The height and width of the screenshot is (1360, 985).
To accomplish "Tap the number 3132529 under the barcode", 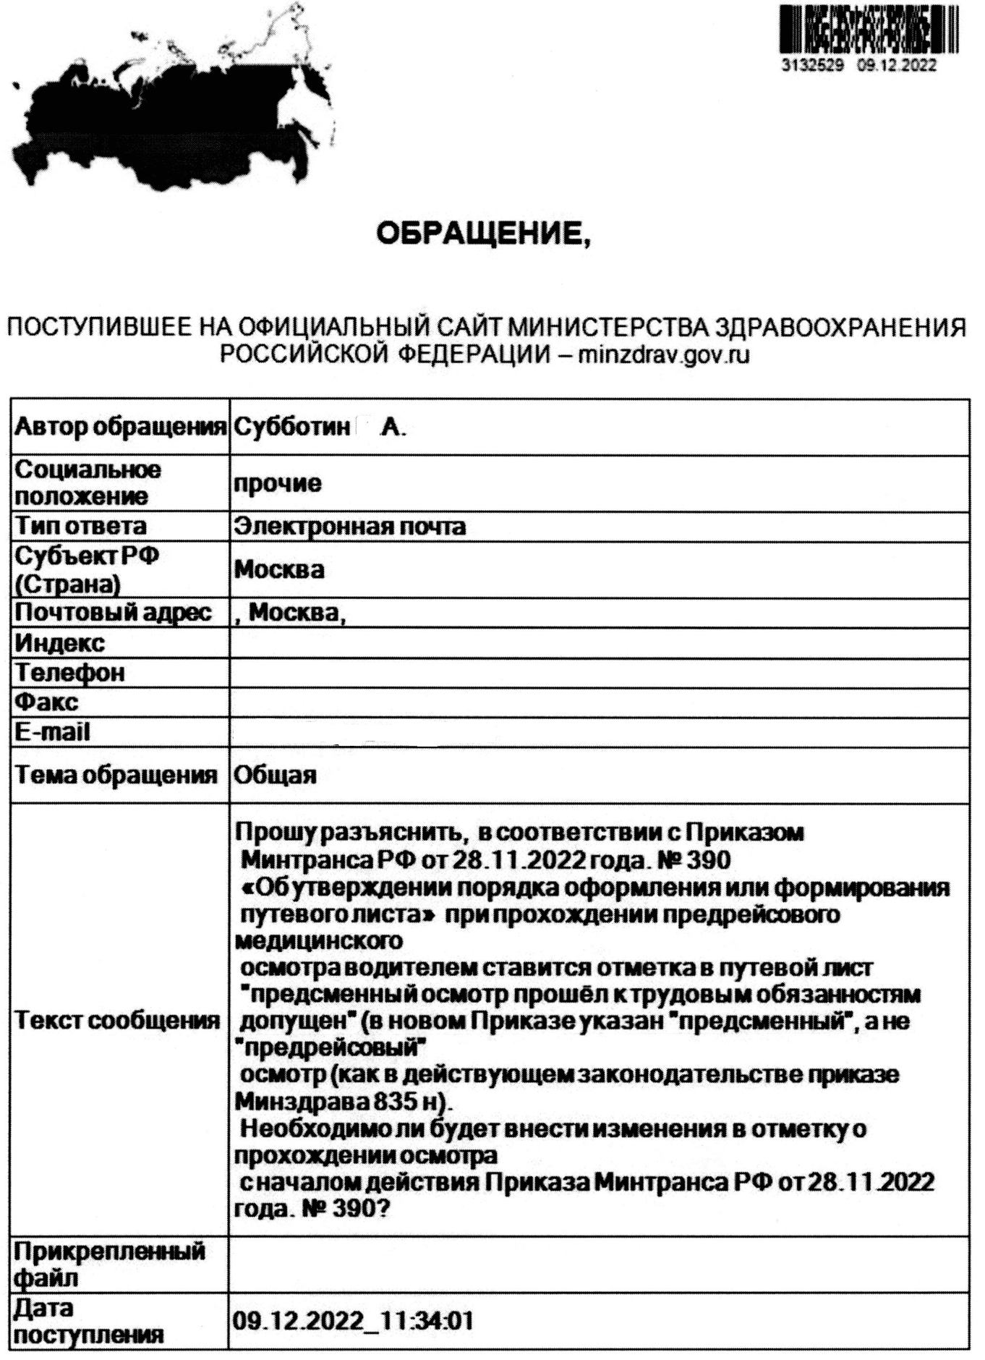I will point(814,65).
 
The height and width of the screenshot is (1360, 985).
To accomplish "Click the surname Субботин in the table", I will point(292,428).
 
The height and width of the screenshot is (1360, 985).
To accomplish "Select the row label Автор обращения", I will point(119,428).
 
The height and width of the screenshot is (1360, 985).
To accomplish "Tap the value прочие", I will point(277,483).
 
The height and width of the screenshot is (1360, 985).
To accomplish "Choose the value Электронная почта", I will point(349,526).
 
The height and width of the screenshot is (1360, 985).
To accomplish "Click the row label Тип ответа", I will point(80,526).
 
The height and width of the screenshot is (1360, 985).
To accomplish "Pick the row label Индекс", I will point(60,642).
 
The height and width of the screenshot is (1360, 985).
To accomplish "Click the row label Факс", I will point(47,702).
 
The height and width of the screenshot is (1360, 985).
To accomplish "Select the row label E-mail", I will point(53,732).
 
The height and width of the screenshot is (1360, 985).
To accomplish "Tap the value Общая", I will point(275,775).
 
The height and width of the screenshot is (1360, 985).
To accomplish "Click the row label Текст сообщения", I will point(118,1021).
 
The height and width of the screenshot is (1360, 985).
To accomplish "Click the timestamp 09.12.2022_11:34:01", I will point(353,1322).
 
